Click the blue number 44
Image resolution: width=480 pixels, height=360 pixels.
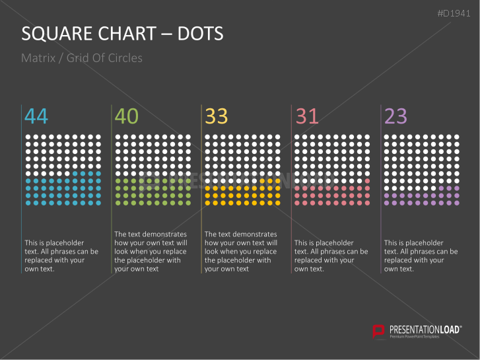[x=36, y=116]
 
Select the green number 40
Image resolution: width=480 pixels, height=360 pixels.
[x=127, y=116]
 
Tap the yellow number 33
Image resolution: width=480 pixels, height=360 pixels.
[x=217, y=116]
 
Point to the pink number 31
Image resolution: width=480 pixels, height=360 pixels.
[x=307, y=116]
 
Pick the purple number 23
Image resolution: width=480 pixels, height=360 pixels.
[x=396, y=116]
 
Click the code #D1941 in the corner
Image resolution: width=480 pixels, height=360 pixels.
[x=454, y=14]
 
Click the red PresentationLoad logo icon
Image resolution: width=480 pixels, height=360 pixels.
[x=379, y=331]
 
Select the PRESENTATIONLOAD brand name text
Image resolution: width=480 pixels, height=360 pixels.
[x=425, y=329]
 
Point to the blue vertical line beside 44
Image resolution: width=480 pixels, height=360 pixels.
[x=22, y=185]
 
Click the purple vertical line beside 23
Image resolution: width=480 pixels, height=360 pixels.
[x=382, y=185]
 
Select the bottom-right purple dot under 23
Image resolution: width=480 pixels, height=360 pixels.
[x=458, y=203]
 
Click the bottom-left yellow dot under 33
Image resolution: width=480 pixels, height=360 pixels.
[x=208, y=203]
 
